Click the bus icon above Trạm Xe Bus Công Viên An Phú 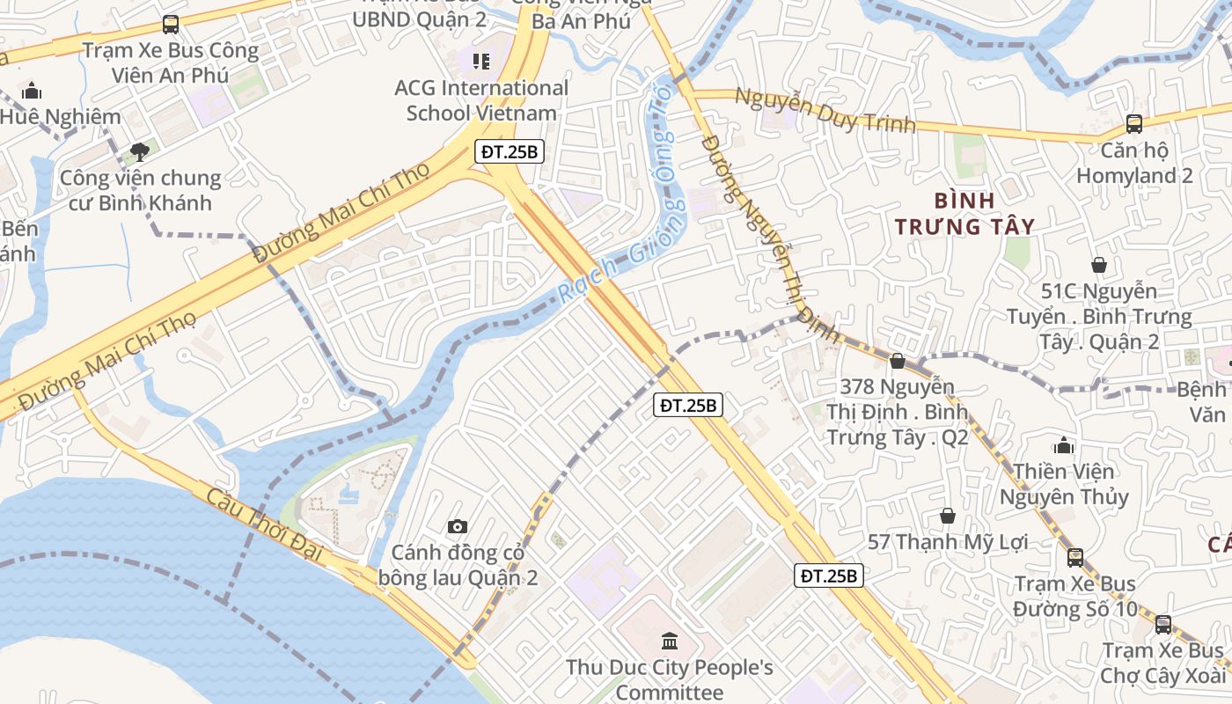tap(171, 25)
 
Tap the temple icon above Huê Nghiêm tap(32, 91)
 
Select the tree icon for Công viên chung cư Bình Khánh tap(139, 152)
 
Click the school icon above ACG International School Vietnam tap(480, 62)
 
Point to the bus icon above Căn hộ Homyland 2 tap(1134, 124)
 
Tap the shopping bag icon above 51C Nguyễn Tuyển tap(1098, 264)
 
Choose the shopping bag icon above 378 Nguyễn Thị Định tap(898, 361)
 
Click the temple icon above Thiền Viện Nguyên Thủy tap(1064, 445)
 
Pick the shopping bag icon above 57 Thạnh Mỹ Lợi tap(948, 515)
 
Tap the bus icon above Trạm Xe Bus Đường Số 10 tap(1074, 557)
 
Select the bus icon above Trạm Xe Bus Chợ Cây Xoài tap(1163, 625)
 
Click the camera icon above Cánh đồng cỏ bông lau tap(458, 526)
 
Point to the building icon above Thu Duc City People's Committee tap(669, 640)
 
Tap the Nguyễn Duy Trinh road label tap(825, 110)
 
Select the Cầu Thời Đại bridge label tap(265, 526)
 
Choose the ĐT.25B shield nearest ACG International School tap(509, 151)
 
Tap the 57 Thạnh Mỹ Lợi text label tap(948, 542)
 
